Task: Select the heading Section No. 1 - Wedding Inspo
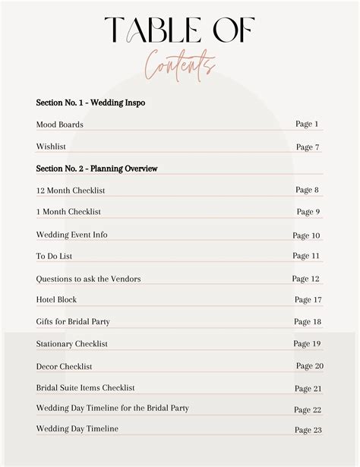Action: pos(90,102)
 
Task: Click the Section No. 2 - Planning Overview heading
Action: pos(96,168)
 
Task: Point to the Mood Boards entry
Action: pos(59,125)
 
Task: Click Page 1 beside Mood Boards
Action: pos(307,124)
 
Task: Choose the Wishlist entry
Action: pos(52,147)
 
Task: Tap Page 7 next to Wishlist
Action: pos(308,147)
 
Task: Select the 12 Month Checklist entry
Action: pos(70,190)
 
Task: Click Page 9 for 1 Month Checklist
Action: pos(308,212)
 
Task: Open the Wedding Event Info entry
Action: pos(71,235)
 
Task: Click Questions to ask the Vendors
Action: pos(88,279)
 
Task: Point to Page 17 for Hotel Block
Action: pos(308,300)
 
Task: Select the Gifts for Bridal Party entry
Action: pos(73,322)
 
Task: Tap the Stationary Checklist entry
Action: pos(71,344)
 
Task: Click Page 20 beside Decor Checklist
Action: pos(309,366)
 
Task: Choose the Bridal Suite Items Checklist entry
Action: pos(85,387)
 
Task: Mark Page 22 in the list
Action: pos(308,410)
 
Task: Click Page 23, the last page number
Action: pos(308,430)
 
